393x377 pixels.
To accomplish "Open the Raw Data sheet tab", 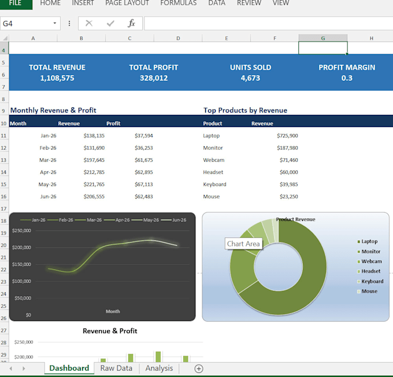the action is point(116,368).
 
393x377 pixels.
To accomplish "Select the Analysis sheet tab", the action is point(159,368).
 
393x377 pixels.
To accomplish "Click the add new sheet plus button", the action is point(199,368).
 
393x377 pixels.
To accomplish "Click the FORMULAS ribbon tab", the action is point(179,3).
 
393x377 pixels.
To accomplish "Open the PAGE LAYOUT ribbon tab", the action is point(127,3).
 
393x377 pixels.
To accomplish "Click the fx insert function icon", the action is point(131,23).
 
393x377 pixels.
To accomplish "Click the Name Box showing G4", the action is point(30,23).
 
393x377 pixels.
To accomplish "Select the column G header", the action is point(323,38).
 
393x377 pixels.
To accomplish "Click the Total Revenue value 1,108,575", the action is point(57,78).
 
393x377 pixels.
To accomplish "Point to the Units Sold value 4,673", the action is point(250,78).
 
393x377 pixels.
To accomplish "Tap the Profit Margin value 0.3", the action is point(347,78).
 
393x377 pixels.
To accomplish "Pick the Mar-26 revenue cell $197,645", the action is point(94,160).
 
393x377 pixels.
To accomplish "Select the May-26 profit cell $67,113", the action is point(143,184).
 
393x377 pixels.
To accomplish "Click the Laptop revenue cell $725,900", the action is point(287,136).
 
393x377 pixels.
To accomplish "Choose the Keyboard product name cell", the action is point(214,185).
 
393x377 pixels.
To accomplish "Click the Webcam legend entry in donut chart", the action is point(370,262).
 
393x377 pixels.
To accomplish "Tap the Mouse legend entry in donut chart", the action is point(368,291).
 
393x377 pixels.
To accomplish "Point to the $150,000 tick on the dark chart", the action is point(21,264).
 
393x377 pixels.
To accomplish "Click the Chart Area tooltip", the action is point(243,244).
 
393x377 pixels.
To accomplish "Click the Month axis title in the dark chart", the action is point(113,311).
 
